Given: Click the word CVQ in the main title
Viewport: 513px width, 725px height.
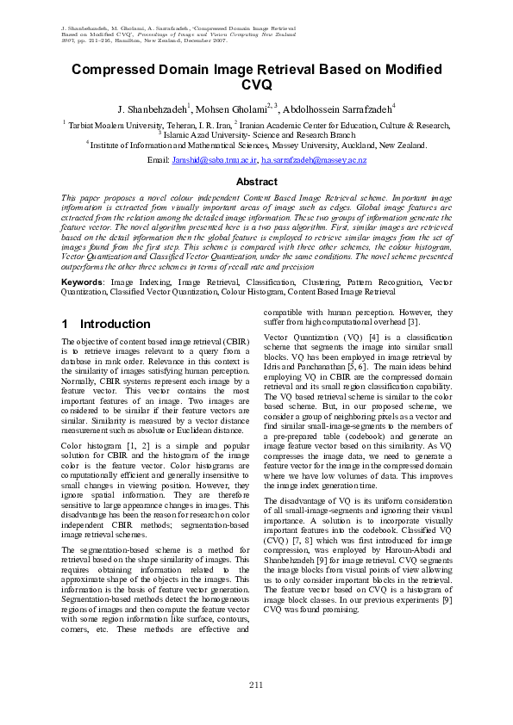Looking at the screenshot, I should pyautogui.click(x=256, y=85).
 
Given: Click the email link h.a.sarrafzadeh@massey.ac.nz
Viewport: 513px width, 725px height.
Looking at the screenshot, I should pyautogui.click(x=314, y=161).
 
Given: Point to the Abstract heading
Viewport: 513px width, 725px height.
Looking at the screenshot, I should pyautogui.click(x=256, y=182).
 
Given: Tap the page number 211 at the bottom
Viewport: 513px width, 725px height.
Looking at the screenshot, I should pyautogui.click(x=256, y=685).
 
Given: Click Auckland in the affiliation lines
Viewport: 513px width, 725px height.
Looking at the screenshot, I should pyautogui.click(x=360, y=146).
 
